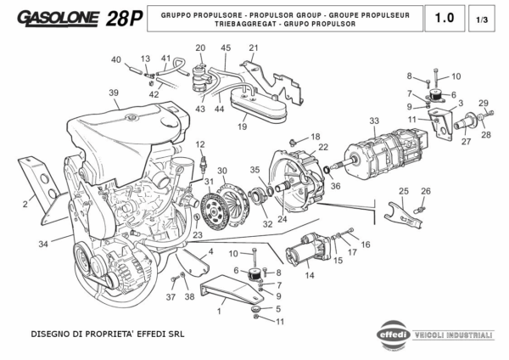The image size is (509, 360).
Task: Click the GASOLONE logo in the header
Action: tap(58, 19)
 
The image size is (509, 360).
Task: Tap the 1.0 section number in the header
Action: tap(444, 18)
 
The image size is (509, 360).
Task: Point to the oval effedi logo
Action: tap(393, 334)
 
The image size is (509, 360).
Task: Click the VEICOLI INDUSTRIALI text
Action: tap(452, 335)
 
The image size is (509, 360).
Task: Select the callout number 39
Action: tap(113, 93)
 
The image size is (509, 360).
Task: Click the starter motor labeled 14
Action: tap(306, 251)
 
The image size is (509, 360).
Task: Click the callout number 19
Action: tap(242, 127)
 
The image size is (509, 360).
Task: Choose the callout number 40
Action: tap(115, 59)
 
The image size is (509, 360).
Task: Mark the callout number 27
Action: tap(466, 142)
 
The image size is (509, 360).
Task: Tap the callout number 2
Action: tap(25, 204)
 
